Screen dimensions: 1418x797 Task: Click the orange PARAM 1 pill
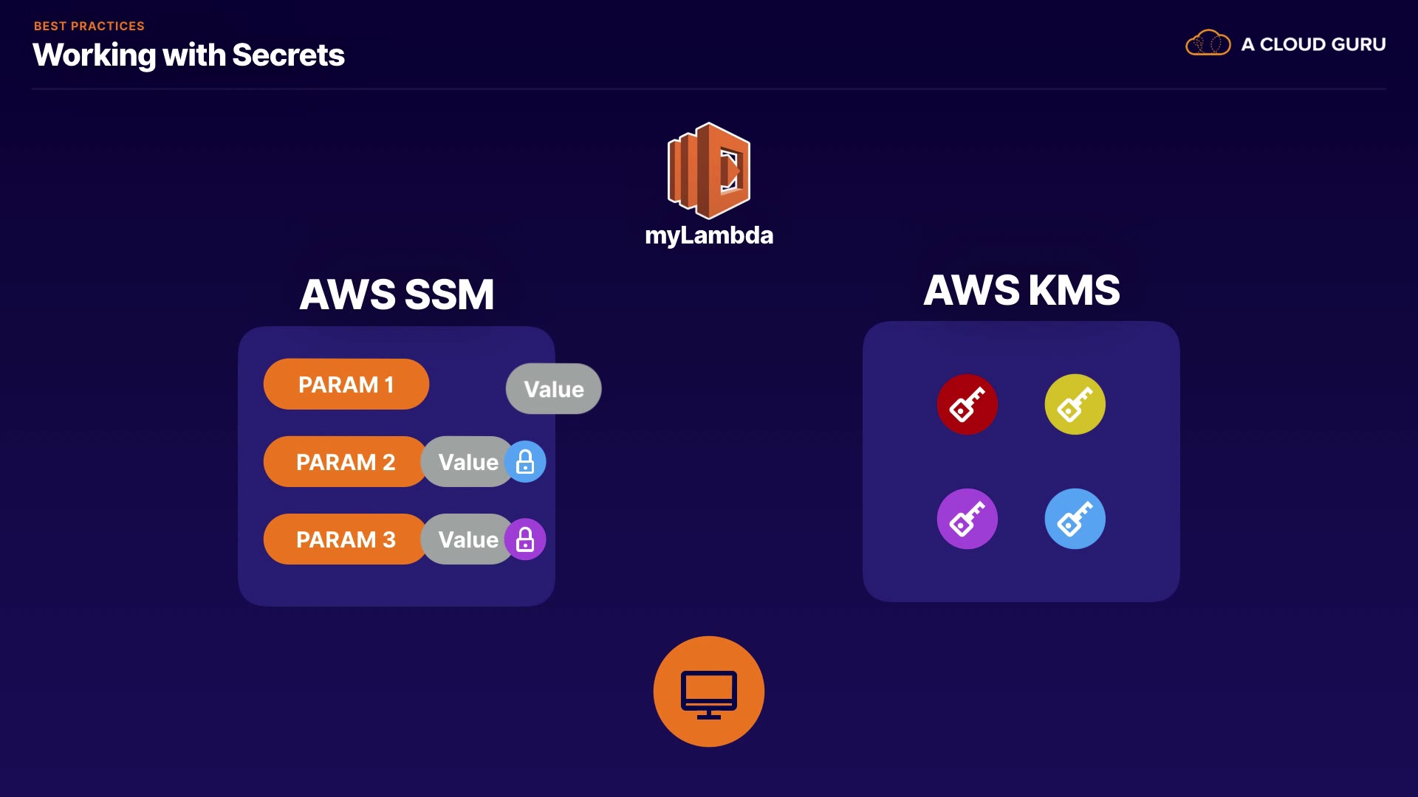[346, 384]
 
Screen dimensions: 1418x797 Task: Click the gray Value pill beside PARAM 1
[554, 389]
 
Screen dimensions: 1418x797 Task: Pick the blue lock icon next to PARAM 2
[525, 462]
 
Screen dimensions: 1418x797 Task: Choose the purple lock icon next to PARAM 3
[525, 539]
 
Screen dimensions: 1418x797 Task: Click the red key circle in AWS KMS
[967, 404]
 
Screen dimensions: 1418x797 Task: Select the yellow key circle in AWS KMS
[1075, 404]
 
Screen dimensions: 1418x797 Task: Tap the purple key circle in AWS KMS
[967, 519]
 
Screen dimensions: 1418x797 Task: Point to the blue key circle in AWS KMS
[1075, 519]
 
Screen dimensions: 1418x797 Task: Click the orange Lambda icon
[709, 170]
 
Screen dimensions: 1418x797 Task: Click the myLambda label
[709, 235]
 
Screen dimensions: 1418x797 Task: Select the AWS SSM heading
[397, 294]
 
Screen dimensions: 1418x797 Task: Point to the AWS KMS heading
[1021, 290]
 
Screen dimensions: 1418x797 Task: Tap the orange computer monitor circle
[709, 691]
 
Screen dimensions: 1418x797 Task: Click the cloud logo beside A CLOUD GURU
[1208, 43]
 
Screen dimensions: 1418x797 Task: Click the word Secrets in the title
[288, 55]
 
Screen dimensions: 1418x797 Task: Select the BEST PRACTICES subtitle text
[89, 26]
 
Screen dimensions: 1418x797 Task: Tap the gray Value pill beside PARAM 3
[467, 539]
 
